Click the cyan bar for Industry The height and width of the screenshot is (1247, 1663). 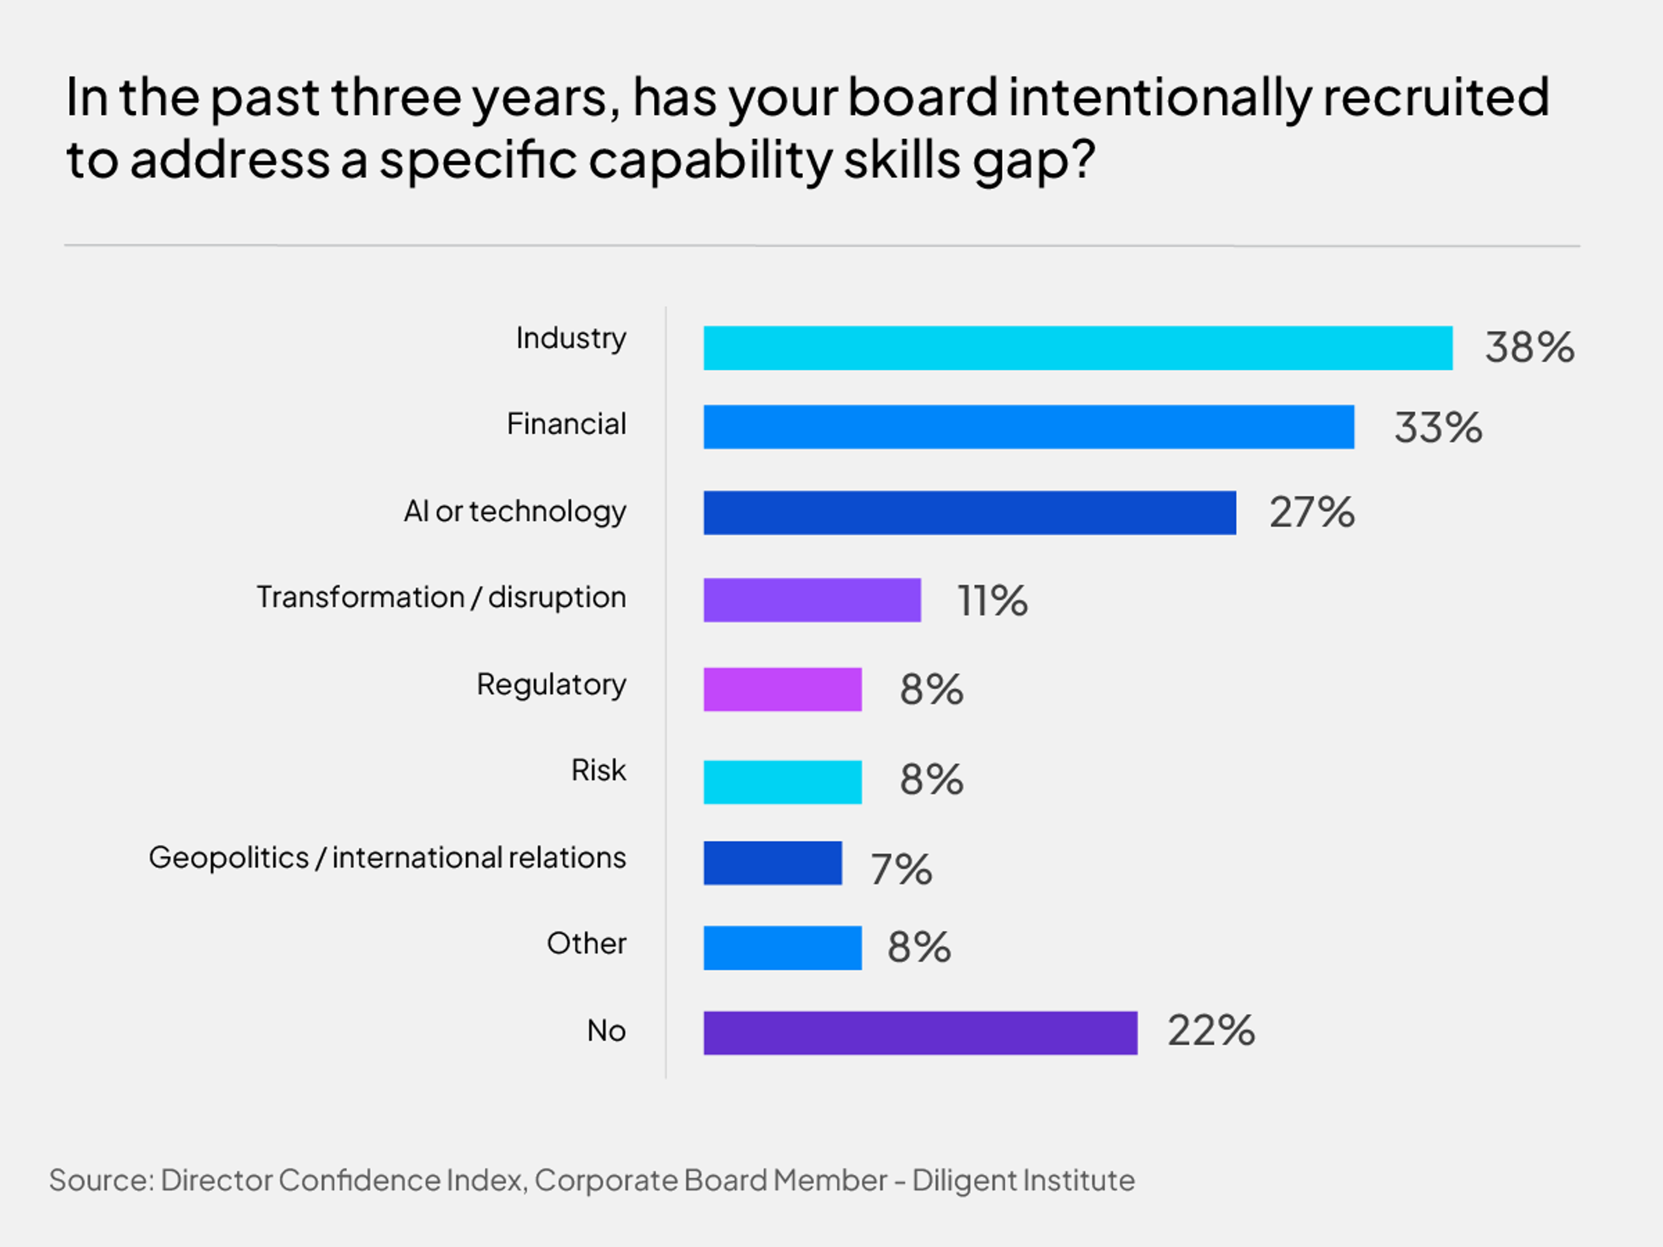pyautogui.click(x=1077, y=348)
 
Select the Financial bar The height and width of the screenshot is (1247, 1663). pyautogui.click(x=1029, y=427)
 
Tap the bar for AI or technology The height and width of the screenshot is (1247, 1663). pyautogui.click(x=969, y=513)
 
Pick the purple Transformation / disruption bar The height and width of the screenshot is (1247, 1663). pyautogui.click(x=812, y=600)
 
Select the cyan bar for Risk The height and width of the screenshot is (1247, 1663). pyautogui.click(x=782, y=782)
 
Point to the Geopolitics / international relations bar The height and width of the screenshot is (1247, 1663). pyautogui.click(x=772, y=863)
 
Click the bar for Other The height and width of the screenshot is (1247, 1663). pyautogui.click(x=782, y=948)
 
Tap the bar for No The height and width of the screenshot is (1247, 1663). pyautogui.click(x=920, y=1033)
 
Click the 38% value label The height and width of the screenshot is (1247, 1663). pyautogui.click(x=1529, y=348)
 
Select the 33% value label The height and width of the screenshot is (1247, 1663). pyautogui.click(x=1437, y=428)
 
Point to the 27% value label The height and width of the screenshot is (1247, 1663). pyautogui.click(x=1312, y=513)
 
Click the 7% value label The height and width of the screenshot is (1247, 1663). pyautogui.click(x=901, y=869)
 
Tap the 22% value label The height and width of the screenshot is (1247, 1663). pyautogui.click(x=1210, y=1031)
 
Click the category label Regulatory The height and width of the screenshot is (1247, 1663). pyautogui.click(x=551, y=685)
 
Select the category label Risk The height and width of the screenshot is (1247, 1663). pyautogui.click(x=599, y=770)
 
